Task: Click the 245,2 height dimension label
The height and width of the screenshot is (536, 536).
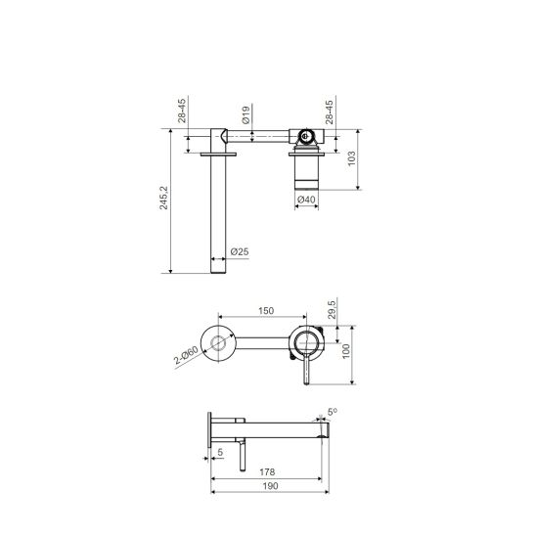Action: (164, 198)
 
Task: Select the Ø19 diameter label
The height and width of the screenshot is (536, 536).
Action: (246, 114)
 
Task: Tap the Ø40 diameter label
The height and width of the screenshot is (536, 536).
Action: (306, 200)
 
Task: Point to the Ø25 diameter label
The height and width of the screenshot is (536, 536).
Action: (240, 252)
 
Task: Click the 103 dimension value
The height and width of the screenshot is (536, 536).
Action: (351, 158)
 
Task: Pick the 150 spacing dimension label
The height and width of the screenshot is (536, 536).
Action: (266, 311)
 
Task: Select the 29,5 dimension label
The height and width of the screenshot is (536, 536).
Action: (332, 308)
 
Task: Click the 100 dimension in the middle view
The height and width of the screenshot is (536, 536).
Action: (346, 351)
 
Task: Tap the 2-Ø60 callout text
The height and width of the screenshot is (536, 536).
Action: (186, 355)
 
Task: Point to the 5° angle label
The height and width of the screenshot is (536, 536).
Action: (332, 412)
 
